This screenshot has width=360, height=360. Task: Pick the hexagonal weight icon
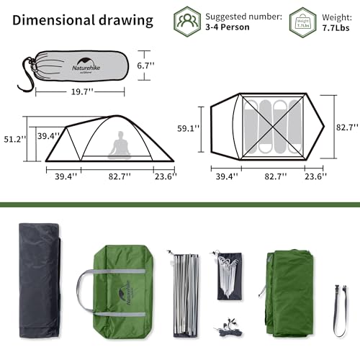click(302, 21)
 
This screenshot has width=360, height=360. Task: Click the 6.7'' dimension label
click(147, 65)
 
